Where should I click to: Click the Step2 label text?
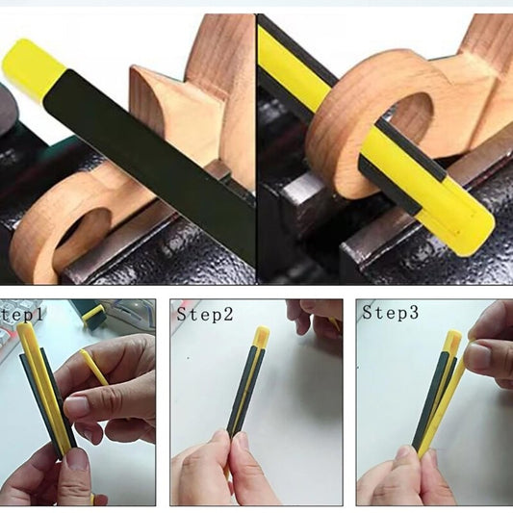tap(205, 315)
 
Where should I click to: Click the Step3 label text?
tap(391, 313)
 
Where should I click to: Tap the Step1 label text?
tap(22, 315)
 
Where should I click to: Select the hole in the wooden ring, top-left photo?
tap(82, 229)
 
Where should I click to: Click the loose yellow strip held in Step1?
tap(94, 367)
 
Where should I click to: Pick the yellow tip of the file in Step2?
tap(261, 338)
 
